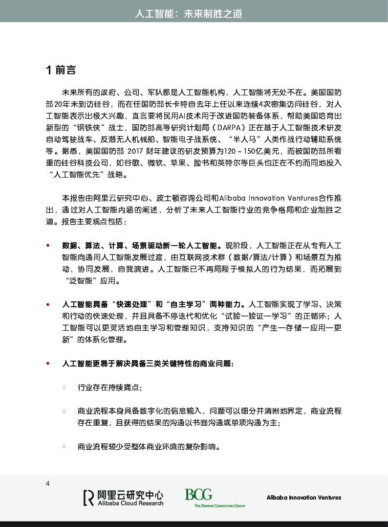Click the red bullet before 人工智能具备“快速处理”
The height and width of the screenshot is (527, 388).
point(48,304)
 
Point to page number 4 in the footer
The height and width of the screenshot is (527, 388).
point(47,484)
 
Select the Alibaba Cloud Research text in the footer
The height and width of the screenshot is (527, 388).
point(130,503)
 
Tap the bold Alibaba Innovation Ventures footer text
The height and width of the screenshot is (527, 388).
point(303,498)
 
